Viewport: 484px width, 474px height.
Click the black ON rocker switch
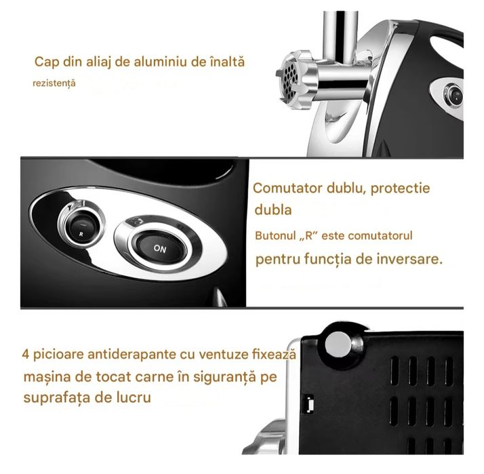(x=160, y=248)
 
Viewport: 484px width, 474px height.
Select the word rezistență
(x=54, y=83)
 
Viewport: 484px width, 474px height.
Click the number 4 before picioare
(x=26, y=355)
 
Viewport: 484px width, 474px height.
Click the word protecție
(x=397, y=189)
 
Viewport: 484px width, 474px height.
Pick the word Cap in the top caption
(x=45, y=62)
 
